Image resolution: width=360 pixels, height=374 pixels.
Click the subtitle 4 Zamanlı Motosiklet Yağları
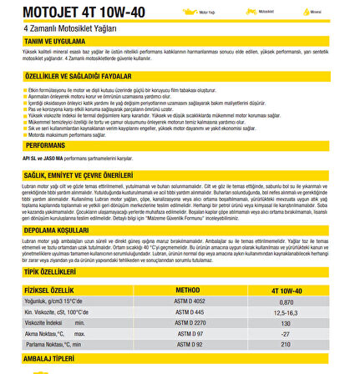pos(70,28)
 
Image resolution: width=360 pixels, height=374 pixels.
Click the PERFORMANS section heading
pos(45,144)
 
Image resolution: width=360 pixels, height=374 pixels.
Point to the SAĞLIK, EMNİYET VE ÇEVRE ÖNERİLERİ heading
pos(79,175)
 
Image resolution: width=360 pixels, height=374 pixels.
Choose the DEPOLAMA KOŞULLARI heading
pos(56,230)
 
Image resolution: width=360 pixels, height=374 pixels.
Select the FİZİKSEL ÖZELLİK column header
pos(49,291)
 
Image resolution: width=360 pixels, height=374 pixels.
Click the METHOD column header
pos(187,291)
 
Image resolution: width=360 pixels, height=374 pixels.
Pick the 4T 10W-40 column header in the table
pos(286,291)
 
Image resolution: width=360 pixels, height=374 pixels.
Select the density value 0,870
pos(286,301)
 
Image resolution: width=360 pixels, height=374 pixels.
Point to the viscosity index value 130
pos(286,322)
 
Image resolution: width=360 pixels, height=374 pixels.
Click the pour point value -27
pos(286,333)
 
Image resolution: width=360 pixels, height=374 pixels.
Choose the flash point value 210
pos(286,343)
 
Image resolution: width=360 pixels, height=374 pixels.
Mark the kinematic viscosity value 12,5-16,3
pos(286,312)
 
